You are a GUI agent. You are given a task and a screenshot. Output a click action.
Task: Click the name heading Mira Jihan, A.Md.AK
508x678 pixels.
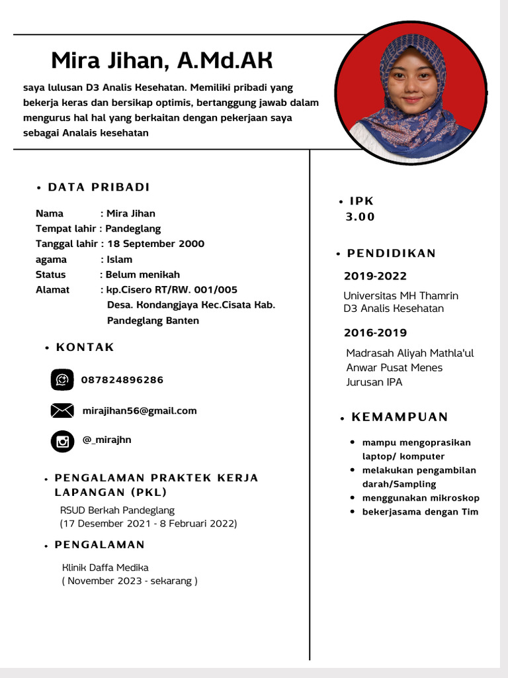tap(162, 60)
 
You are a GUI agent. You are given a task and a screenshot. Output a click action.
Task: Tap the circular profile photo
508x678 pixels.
tap(411, 93)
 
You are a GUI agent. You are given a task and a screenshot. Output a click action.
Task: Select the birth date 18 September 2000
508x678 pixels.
tap(155, 244)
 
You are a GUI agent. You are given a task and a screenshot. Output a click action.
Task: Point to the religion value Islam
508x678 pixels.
tap(119, 260)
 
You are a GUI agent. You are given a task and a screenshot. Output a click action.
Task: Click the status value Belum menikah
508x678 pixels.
tap(143, 275)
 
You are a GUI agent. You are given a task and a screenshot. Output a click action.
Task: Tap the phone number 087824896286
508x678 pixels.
tap(122, 380)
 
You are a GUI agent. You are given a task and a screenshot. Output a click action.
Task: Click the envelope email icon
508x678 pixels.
tap(62, 411)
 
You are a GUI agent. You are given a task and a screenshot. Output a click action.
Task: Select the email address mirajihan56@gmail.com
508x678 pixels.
tap(140, 411)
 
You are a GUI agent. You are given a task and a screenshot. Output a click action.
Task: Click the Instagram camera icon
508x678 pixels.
tap(62, 441)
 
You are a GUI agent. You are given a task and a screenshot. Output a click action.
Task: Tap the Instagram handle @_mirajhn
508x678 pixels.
tap(106, 440)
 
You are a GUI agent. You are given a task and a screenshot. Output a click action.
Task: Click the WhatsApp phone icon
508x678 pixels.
tap(62, 380)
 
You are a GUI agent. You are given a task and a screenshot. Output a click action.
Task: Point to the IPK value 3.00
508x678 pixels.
tap(360, 217)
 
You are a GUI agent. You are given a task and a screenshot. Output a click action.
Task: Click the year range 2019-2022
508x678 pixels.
tap(375, 276)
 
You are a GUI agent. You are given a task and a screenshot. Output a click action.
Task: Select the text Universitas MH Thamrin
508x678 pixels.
tap(401, 295)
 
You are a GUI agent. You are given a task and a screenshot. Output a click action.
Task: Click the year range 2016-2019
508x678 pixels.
tap(375, 333)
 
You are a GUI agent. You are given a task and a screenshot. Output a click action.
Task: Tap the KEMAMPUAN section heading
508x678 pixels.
tap(400, 417)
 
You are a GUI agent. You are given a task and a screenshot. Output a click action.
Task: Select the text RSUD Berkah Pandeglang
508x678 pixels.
tap(117, 510)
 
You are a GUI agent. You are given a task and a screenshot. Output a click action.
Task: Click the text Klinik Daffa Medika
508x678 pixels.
tap(105, 567)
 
